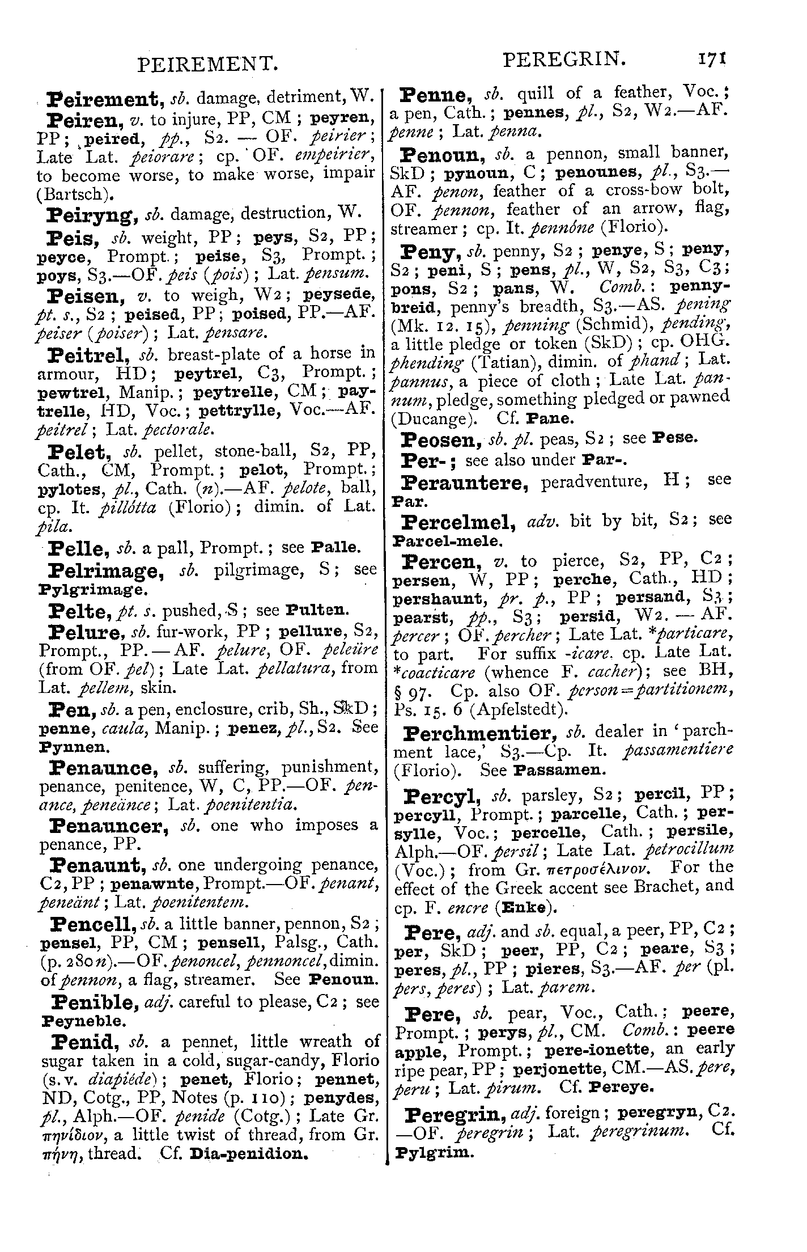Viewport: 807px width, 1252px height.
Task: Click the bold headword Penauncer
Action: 110,826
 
